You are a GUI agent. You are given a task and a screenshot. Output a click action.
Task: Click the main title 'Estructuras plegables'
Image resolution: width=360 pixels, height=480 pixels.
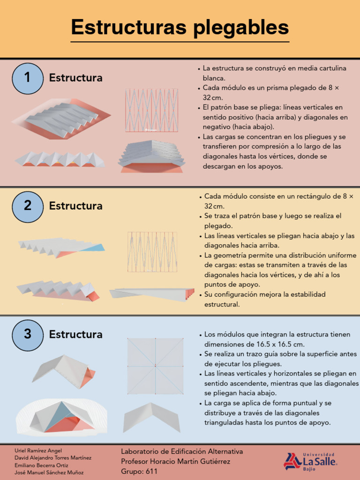click(x=180, y=28)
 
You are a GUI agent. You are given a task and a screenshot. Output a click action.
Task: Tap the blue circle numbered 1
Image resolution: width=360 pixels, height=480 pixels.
click(x=27, y=78)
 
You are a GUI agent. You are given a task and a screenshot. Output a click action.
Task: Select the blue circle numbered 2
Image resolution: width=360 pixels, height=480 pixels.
click(x=27, y=206)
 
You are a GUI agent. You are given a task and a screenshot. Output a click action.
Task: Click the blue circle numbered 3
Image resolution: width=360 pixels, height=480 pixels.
click(x=27, y=335)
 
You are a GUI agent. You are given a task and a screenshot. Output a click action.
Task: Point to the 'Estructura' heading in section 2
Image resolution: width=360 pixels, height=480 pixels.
click(x=75, y=206)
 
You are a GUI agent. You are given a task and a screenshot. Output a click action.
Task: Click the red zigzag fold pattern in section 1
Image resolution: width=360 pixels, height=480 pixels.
click(x=151, y=110)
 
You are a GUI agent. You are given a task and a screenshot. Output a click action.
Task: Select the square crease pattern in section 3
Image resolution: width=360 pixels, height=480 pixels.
click(x=155, y=366)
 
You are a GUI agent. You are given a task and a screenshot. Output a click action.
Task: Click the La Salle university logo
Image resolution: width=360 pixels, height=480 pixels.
click(x=310, y=461)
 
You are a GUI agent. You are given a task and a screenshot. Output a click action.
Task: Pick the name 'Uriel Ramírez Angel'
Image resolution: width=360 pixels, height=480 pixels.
click(x=38, y=450)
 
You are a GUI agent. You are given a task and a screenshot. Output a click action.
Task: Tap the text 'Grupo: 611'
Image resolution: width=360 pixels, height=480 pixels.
click(x=139, y=472)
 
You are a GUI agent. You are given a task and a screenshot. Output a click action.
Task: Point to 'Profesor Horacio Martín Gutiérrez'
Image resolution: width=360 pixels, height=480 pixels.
click(x=175, y=462)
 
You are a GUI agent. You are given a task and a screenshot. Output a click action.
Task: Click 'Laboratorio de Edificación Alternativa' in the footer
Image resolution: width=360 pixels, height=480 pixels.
click(x=182, y=451)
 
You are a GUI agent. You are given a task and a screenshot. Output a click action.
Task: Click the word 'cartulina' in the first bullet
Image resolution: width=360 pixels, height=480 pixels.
click(x=331, y=68)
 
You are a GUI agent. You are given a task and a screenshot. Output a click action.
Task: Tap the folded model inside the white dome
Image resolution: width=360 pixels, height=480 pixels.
click(x=61, y=417)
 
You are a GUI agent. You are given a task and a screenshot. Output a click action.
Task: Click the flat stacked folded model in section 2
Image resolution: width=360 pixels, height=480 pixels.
click(x=151, y=293)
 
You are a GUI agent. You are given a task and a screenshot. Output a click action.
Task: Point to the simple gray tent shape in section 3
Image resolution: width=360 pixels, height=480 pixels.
click(x=152, y=417)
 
